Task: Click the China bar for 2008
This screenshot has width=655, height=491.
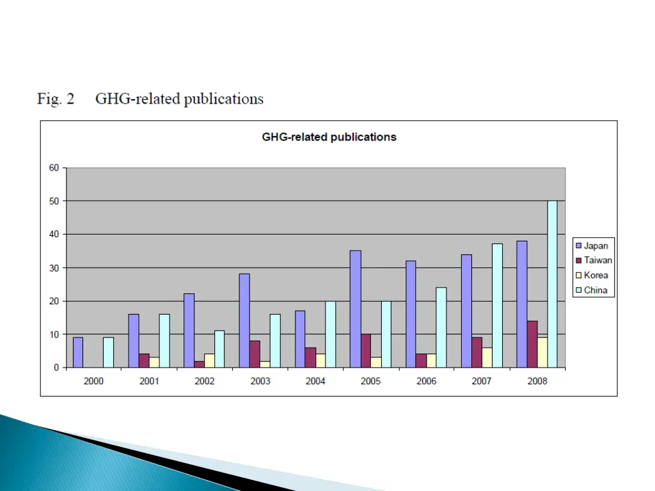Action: (552, 284)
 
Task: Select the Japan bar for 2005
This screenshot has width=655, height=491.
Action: (356, 309)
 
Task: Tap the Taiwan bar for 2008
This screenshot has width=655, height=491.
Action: (532, 344)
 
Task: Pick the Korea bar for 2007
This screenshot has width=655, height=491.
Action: (487, 357)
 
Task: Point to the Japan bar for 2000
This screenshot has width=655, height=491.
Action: (78, 352)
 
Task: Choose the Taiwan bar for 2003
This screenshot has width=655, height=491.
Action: (255, 354)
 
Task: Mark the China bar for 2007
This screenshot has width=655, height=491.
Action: (497, 306)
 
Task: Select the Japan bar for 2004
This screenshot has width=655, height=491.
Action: (300, 339)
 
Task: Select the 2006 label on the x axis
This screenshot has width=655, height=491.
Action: (426, 381)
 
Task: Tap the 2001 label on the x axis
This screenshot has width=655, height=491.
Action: (149, 381)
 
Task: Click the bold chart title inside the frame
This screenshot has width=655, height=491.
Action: (329, 137)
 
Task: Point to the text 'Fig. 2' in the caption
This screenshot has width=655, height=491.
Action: (56, 99)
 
